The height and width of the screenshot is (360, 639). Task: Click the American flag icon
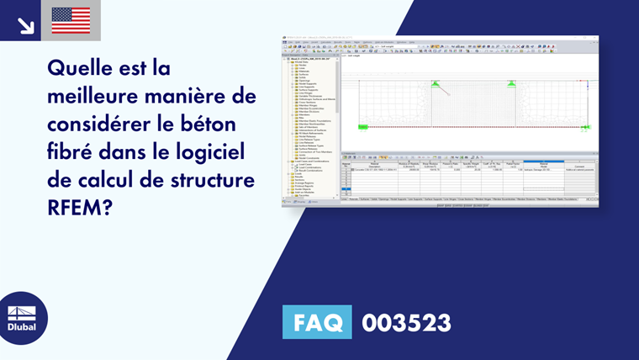coord(71,20)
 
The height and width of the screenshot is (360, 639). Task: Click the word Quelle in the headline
coord(80,67)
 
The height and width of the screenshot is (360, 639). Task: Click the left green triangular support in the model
coord(436,83)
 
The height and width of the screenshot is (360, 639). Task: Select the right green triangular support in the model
coord(511,83)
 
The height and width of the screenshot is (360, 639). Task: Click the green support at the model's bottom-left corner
coord(363,127)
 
